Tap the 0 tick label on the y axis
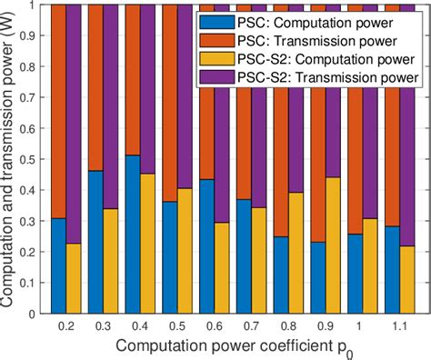[33, 314]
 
